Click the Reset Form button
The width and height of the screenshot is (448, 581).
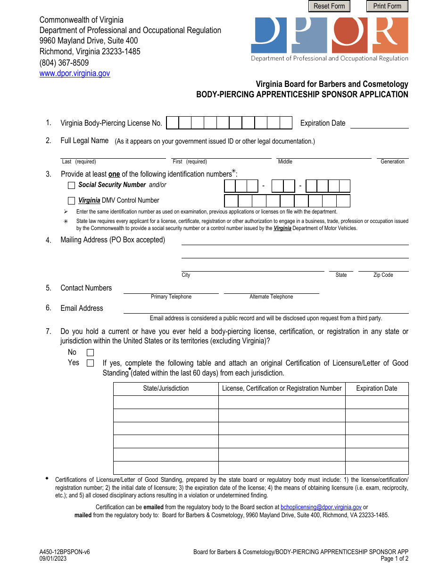point(329,6)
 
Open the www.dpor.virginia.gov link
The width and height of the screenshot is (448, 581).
point(75,74)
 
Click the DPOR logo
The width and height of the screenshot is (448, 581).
point(330,38)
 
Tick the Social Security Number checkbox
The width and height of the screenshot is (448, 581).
point(72,186)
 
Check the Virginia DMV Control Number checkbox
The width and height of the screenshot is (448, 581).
point(72,201)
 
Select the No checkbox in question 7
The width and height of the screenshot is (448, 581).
point(91,353)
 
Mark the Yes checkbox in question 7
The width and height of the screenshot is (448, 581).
point(91,363)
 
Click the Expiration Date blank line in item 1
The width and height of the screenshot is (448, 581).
point(379,124)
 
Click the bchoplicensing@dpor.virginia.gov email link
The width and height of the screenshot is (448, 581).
point(321,507)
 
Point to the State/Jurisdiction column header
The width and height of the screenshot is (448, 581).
point(166,389)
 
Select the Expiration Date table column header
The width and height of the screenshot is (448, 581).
point(376,389)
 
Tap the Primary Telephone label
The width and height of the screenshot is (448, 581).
point(171,297)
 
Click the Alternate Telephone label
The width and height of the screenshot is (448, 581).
point(271,297)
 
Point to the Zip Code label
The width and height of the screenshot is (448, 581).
point(383,275)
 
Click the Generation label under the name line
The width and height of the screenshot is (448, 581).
point(392,162)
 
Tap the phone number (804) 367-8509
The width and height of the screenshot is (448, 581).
point(64,63)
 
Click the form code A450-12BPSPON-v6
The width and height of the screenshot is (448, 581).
point(65,552)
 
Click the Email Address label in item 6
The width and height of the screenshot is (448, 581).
point(82,308)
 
